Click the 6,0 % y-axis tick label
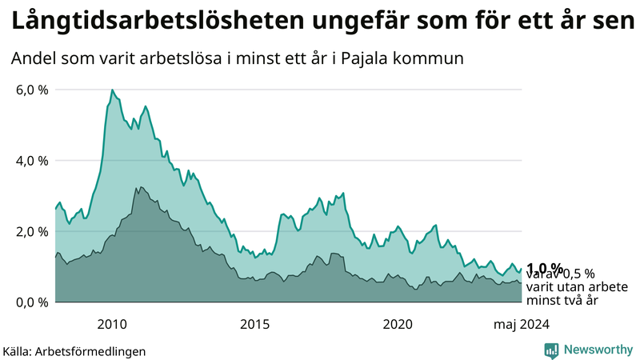point(32,90)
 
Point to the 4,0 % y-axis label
point(32,161)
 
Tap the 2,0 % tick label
point(32,231)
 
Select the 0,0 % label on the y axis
point(32,302)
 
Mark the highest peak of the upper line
point(112,90)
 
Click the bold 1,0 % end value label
point(545,268)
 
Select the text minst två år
point(562,301)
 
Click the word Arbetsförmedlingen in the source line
point(96,351)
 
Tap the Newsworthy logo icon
point(551,350)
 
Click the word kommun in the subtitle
point(437,59)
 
